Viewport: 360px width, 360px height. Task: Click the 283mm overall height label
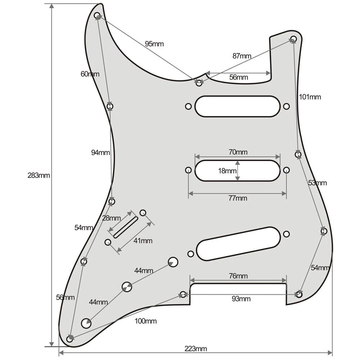coord(39,176)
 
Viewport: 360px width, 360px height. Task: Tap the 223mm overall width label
coord(195,348)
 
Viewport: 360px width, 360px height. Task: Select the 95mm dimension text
coord(154,44)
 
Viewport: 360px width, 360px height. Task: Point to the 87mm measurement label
coord(242,56)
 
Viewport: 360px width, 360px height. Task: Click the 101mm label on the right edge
coord(310,97)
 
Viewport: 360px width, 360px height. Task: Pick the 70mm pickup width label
coord(238,152)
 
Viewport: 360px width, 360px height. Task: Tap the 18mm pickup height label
coord(227,171)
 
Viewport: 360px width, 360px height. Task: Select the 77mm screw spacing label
coord(238,198)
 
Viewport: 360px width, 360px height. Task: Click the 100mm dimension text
coord(146,321)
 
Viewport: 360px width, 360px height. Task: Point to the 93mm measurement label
coord(241,299)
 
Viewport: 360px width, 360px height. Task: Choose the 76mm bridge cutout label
coord(238,276)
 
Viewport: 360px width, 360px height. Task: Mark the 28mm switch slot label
coord(111,218)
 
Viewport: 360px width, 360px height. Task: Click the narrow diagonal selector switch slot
coord(126,227)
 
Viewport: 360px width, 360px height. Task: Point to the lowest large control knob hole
coord(86,323)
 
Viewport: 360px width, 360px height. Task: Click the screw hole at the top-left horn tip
coord(97,16)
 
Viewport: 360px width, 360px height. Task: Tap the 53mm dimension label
coord(318,183)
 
